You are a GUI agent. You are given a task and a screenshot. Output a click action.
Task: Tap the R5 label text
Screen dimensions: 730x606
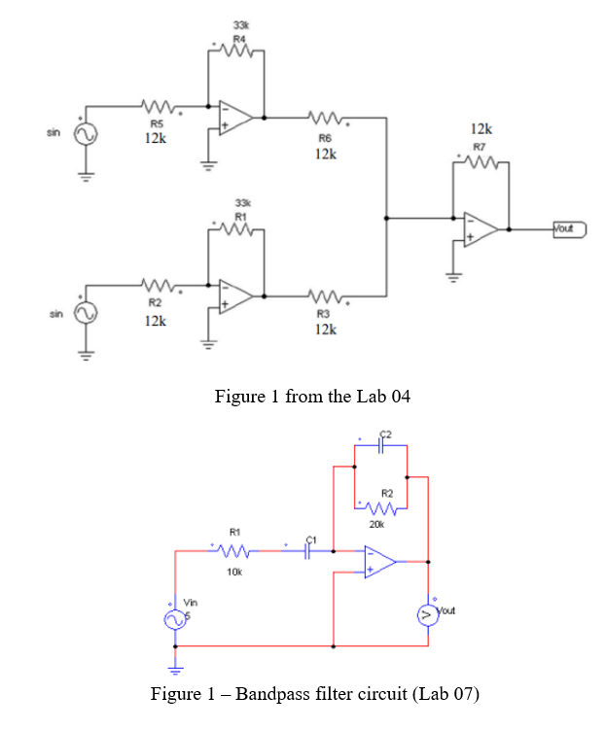(x=156, y=123)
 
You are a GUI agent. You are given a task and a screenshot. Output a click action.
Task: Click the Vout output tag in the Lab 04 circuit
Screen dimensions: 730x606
(x=566, y=229)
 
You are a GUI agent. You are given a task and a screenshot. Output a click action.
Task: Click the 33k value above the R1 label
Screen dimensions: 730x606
(x=239, y=200)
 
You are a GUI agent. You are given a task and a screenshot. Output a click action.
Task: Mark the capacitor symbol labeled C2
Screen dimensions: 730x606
(x=383, y=445)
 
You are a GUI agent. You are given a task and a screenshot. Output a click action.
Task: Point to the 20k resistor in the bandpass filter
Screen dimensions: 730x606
(x=380, y=507)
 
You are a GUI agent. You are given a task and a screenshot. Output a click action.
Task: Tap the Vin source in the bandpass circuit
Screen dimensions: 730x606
(x=176, y=619)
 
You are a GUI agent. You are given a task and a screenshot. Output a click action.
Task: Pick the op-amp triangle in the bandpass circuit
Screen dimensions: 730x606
(x=379, y=561)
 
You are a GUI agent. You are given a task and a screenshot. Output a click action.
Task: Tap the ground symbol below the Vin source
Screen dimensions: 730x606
(x=176, y=668)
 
